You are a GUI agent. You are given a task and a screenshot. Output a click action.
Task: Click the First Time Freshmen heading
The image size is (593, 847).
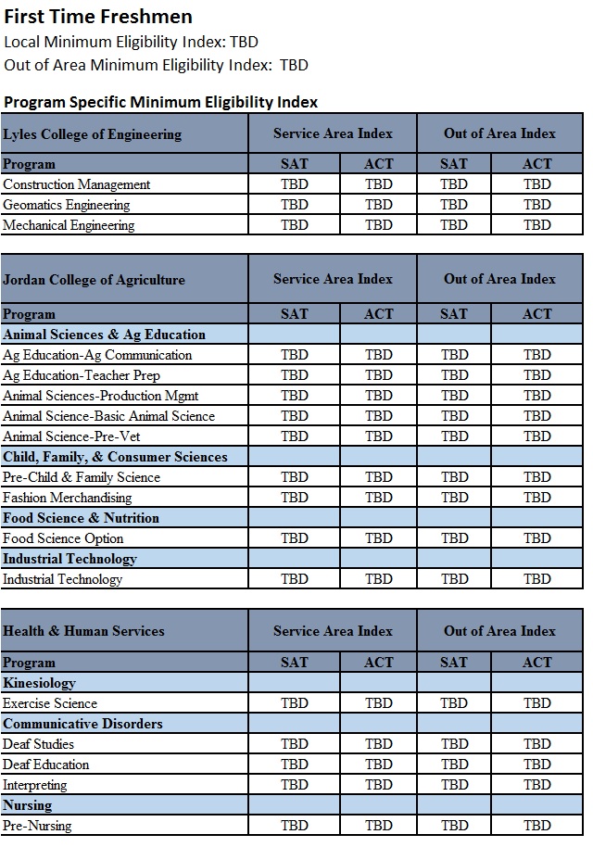point(98,17)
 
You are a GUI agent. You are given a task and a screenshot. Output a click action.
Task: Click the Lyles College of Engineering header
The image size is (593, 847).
point(93,134)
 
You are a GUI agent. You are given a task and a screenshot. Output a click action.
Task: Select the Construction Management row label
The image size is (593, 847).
point(77,184)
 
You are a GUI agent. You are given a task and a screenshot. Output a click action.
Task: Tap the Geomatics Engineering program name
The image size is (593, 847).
point(67,205)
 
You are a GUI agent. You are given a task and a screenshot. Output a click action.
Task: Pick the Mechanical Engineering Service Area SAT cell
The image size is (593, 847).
point(295,225)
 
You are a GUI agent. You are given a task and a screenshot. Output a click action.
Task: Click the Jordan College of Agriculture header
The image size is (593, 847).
point(95,280)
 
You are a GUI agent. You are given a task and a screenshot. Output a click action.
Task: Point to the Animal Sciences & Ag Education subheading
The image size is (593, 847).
point(105,335)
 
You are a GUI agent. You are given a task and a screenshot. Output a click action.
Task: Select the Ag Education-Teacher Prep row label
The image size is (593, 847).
point(82,375)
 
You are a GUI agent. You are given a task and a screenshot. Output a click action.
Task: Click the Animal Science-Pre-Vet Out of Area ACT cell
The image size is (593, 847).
point(537,436)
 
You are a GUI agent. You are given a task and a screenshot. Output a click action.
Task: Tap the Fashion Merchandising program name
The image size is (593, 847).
point(68,498)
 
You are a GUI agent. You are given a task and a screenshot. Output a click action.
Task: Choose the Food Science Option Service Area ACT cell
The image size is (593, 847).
point(379,538)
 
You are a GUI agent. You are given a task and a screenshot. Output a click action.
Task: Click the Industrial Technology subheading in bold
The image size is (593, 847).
point(69,559)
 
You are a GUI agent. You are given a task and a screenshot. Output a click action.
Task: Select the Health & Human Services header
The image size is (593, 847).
point(84,631)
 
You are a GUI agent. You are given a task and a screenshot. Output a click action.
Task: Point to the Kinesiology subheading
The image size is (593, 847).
point(40,683)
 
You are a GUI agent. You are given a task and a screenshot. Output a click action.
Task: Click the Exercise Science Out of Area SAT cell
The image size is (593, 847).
point(454,703)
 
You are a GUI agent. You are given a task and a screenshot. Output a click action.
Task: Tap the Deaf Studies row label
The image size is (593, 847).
point(39,744)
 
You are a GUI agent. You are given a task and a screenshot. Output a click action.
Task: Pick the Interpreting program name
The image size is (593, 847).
point(35,785)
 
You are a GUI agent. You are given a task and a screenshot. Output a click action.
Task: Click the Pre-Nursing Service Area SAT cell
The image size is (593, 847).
point(295,826)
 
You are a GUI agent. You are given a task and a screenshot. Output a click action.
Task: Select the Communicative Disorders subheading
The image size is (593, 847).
point(82,724)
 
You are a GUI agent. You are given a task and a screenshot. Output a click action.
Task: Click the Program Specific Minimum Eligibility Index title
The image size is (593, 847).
point(161,102)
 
